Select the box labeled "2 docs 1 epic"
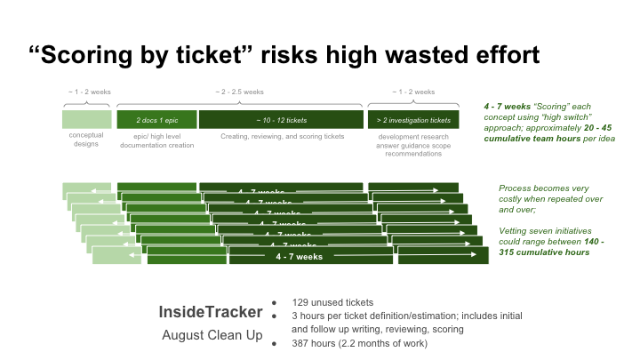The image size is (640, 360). click(x=156, y=119)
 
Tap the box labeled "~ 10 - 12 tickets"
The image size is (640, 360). click(x=281, y=119)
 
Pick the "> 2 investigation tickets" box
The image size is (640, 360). click(x=413, y=119)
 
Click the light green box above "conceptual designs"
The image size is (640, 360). click(x=86, y=119)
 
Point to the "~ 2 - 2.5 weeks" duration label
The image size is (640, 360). click(x=240, y=92)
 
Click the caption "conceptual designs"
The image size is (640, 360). click(x=86, y=140)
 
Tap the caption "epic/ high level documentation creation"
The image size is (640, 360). click(x=156, y=140)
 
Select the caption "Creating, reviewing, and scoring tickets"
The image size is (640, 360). click(x=281, y=136)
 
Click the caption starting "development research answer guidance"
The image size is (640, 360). click(x=413, y=145)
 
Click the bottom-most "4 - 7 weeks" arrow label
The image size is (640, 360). click(x=299, y=257)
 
